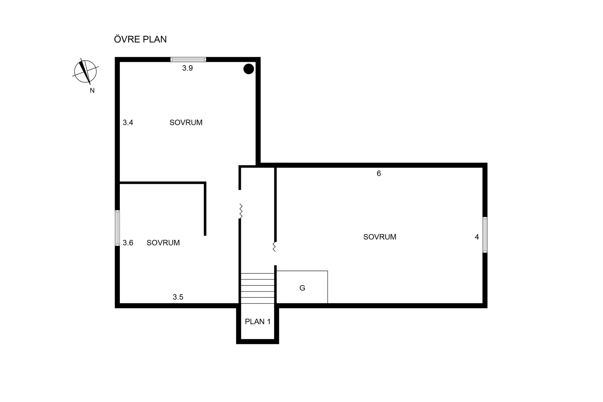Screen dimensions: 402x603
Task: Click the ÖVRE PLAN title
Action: coord(140,39)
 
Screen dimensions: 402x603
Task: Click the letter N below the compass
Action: coord(92,91)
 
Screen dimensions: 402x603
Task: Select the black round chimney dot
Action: coord(249,69)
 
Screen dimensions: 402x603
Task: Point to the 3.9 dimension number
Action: coord(187,68)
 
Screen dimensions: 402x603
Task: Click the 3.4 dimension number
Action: coord(128,123)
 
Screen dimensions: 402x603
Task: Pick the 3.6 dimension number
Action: coord(128,243)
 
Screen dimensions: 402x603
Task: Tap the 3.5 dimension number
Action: coord(178,297)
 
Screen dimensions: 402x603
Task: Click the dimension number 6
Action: coord(379,174)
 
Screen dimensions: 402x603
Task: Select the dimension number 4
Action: coord(477,237)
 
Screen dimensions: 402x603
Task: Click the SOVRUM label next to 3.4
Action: coord(186,123)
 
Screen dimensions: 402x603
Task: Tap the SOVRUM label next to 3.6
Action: coord(163,243)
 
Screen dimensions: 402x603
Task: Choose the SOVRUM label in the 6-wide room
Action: coord(380,237)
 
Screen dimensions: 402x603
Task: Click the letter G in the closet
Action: coord(302,288)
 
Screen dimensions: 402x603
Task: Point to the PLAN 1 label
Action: coord(258,322)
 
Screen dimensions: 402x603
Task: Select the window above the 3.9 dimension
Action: coord(188,59)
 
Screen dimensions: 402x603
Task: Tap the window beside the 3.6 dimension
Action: coord(117,228)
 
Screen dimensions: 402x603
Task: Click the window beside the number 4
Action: coord(485,235)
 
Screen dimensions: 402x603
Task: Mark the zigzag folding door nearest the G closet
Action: coord(274,247)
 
